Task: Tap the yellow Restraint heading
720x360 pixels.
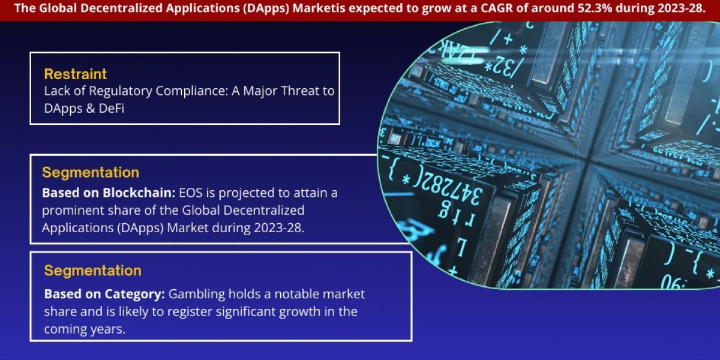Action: [75, 74]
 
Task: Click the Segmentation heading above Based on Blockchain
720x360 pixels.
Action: [90, 172]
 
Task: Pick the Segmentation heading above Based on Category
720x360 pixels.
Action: [92, 270]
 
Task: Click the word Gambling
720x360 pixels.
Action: [196, 295]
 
